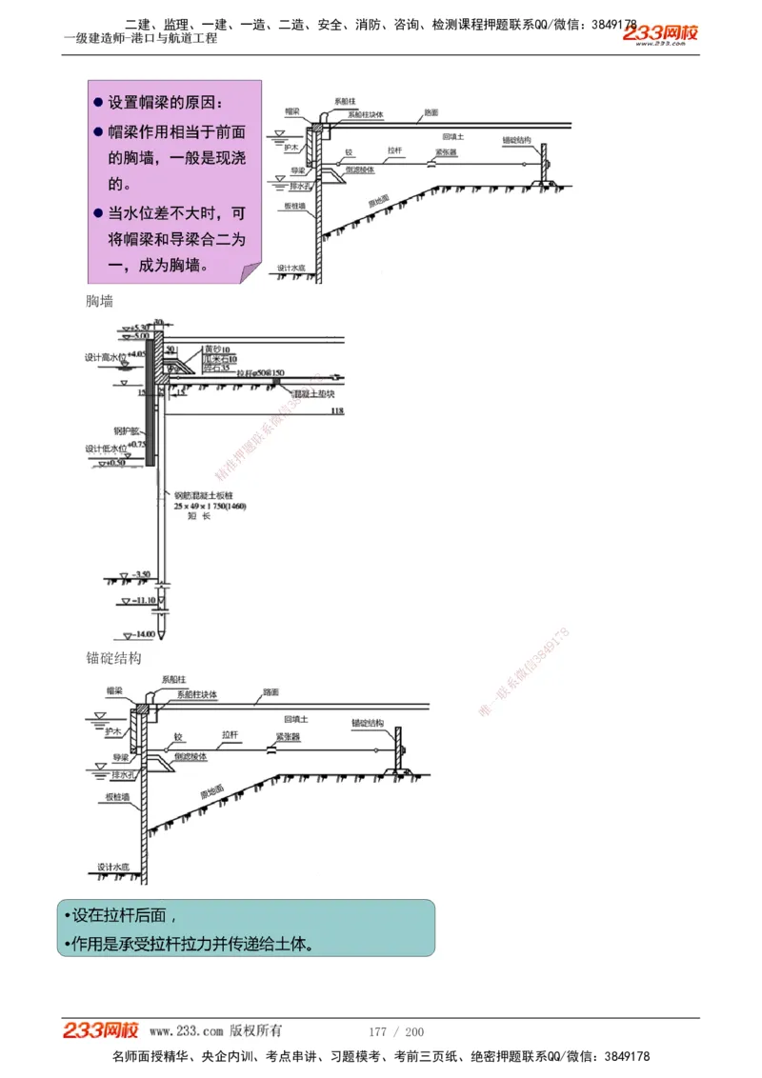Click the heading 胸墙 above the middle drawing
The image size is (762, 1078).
(99, 301)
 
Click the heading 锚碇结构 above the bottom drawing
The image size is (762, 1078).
(113, 658)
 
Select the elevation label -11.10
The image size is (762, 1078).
(145, 601)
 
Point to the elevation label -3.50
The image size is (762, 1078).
(142, 574)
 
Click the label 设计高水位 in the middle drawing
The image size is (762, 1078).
(103, 357)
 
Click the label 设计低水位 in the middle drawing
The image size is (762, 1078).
(103, 448)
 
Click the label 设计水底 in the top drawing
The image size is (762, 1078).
(291, 268)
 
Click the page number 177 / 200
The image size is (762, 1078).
(396, 1031)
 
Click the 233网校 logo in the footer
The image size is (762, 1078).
(101, 1030)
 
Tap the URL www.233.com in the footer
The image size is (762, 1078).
(187, 1031)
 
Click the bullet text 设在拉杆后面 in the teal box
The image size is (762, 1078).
(120, 916)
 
